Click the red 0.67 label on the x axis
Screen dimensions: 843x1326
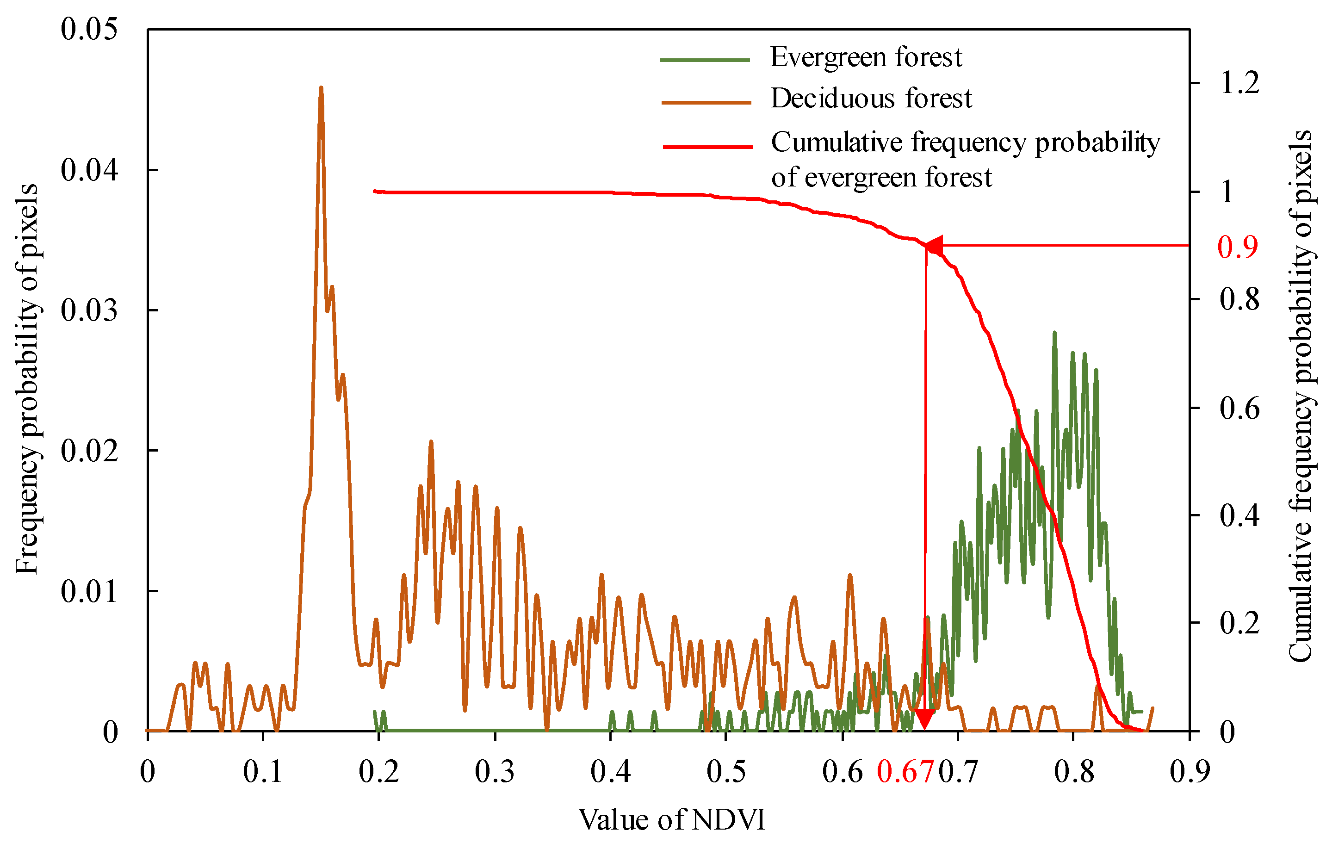point(905,772)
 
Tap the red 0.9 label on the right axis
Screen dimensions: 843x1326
point(1237,247)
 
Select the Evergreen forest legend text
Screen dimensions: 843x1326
point(866,57)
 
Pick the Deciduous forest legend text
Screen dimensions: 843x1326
point(871,99)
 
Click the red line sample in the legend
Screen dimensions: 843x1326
point(707,147)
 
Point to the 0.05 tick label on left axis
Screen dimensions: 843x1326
point(89,29)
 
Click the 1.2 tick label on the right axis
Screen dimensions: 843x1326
point(1239,83)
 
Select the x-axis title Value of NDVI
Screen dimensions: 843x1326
point(671,820)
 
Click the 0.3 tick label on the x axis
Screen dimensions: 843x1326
point(495,772)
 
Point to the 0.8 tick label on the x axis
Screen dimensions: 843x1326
point(1074,772)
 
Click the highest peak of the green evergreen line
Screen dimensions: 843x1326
point(1054,333)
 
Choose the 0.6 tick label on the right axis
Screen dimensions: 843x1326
point(1239,409)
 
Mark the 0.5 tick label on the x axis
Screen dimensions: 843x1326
point(726,772)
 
